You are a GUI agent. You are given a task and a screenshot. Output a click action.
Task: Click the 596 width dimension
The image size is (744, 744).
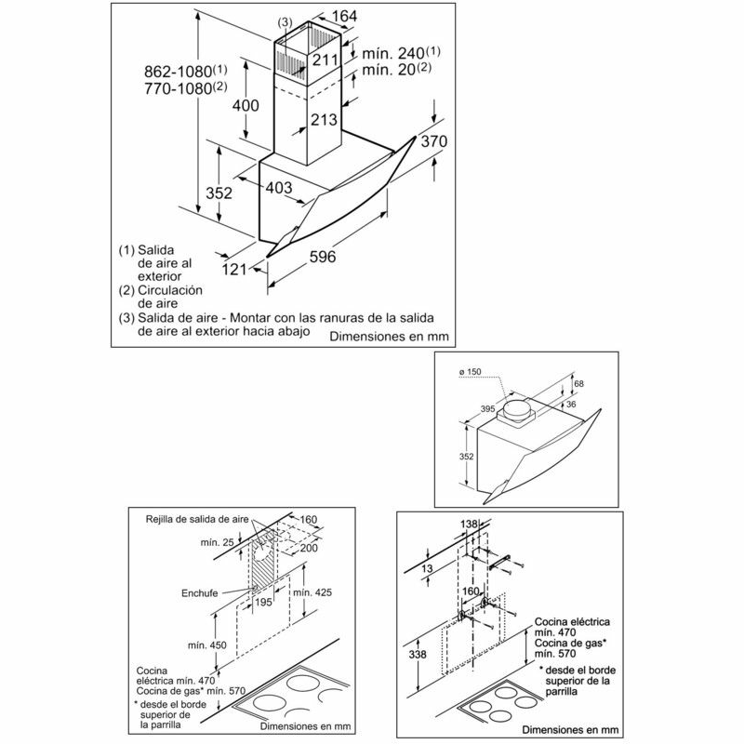322,257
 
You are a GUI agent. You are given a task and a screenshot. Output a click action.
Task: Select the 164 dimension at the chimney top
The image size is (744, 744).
344,16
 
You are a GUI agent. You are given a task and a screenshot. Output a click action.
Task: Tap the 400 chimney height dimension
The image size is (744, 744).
246,105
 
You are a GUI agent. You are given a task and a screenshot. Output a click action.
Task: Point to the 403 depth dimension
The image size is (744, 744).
278,188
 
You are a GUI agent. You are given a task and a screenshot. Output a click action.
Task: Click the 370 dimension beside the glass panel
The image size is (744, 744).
434,141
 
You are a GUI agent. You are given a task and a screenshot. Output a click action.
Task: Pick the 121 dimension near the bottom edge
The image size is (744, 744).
234,270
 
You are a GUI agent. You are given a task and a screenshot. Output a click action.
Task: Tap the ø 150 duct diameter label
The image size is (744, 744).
470,372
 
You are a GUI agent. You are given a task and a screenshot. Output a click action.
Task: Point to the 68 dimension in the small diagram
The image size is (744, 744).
578,383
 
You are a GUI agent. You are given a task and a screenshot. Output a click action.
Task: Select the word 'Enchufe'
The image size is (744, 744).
200,593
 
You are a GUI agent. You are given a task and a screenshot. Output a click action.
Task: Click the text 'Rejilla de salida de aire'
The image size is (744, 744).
197,519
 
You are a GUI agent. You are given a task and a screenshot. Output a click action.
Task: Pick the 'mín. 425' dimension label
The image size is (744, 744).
312,592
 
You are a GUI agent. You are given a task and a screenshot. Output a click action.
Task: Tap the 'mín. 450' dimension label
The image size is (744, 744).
206,645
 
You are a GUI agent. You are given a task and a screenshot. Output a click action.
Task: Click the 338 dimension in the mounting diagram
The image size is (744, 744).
417,655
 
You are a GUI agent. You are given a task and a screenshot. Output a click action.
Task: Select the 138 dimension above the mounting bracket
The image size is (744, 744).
470,524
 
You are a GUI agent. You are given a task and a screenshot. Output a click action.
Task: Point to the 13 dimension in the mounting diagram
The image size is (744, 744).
427,568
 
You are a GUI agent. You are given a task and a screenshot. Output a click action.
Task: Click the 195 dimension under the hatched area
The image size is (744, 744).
264,602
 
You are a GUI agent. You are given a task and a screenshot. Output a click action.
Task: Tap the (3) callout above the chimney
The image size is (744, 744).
286,21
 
